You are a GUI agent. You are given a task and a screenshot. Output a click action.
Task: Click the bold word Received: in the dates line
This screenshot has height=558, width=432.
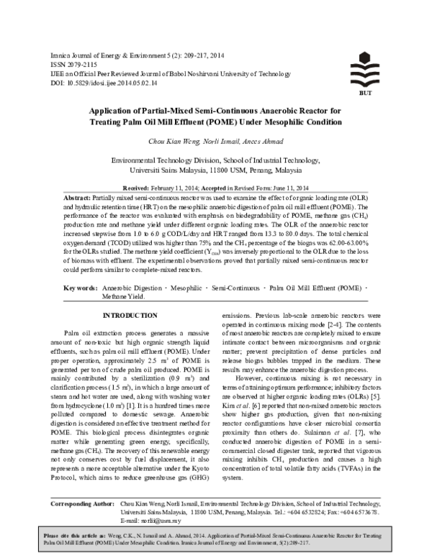pos(148,186)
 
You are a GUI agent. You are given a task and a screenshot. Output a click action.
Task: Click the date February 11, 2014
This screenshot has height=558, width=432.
pos(194,186)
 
